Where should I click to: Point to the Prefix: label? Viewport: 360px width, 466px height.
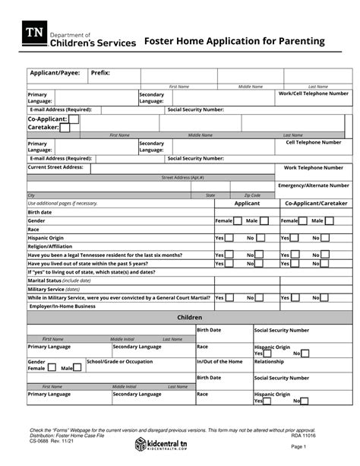coord(100,73)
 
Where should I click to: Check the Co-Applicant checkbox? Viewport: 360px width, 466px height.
coord(74,119)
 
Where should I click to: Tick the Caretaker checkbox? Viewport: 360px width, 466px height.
coord(65,128)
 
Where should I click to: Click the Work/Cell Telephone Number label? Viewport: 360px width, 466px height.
coord(314,94)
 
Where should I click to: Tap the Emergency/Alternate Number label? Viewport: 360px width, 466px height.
coord(314,185)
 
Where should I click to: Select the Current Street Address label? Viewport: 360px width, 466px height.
coord(55,166)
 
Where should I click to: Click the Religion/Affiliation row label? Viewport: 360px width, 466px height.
coord(50,246)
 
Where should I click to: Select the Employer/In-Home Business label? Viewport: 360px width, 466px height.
coord(62,306)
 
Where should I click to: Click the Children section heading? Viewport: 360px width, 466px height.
coord(189,316)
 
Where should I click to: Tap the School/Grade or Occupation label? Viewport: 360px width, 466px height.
coord(119,362)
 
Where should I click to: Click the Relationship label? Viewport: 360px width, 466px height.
coord(269,362)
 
